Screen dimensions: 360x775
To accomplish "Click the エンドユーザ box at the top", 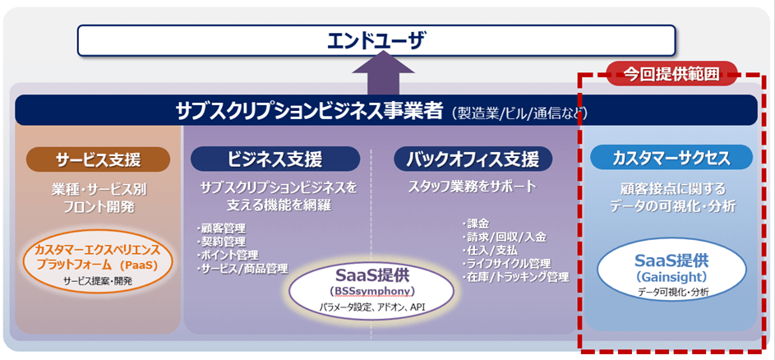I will coord(376,39).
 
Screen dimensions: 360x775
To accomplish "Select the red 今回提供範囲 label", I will coord(671,74).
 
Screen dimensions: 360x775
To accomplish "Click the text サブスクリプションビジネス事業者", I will coord(310,111).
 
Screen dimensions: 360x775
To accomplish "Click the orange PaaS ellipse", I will coord(99,262).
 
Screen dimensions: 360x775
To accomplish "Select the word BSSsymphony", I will coord(373,292).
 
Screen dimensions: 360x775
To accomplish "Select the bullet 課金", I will coord(477,224).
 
